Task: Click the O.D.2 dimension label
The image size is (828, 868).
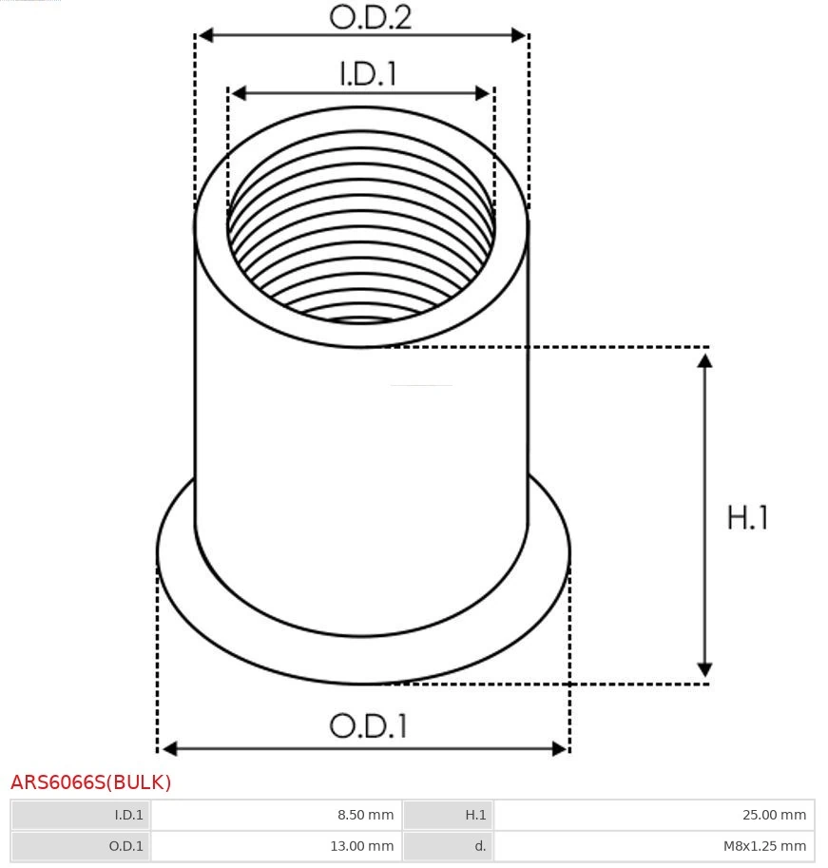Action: click(371, 17)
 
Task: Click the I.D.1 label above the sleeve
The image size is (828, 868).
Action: click(368, 73)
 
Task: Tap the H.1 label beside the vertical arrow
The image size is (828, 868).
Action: click(747, 517)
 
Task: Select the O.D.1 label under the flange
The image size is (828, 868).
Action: click(369, 725)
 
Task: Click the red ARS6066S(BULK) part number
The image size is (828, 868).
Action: click(90, 782)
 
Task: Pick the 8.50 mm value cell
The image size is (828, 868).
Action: click(277, 815)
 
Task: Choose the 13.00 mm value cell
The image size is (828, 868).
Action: click(277, 846)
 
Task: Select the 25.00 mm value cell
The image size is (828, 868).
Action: click(654, 815)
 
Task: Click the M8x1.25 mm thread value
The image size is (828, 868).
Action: click(654, 846)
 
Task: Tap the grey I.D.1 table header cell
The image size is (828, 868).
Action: click(81, 815)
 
